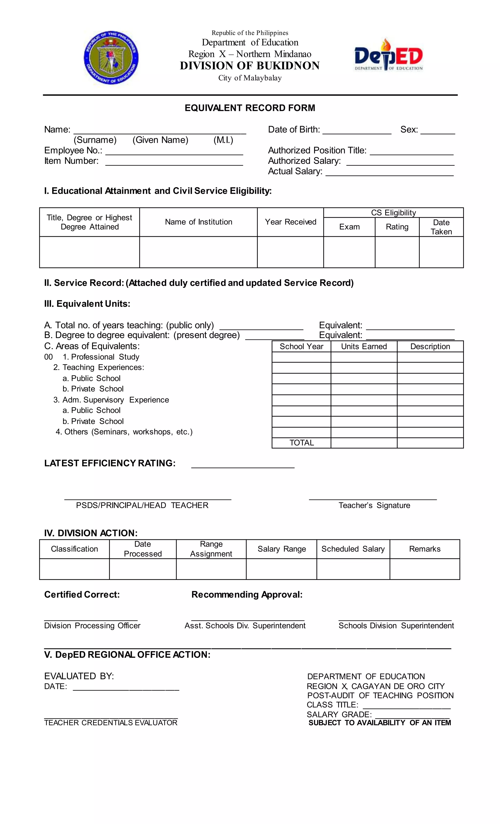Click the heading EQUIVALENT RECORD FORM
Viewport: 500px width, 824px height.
[x=250, y=108]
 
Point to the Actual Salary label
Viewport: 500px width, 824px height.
[x=295, y=171]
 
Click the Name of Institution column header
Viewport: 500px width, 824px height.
[x=198, y=222]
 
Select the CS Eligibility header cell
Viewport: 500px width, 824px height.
[x=393, y=213]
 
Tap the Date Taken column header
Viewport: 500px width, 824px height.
[x=441, y=227]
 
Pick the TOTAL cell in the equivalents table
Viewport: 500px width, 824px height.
[x=302, y=443]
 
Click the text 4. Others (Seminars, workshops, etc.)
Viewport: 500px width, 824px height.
[x=124, y=432]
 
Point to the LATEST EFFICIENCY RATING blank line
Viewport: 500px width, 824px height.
[x=243, y=465]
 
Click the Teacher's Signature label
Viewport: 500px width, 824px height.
[x=374, y=505]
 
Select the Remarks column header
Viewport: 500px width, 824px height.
[x=425, y=549]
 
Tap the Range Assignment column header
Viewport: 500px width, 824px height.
[x=211, y=549]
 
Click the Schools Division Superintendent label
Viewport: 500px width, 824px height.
[x=396, y=625]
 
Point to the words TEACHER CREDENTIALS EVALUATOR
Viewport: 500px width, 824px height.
[x=111, y=723]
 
